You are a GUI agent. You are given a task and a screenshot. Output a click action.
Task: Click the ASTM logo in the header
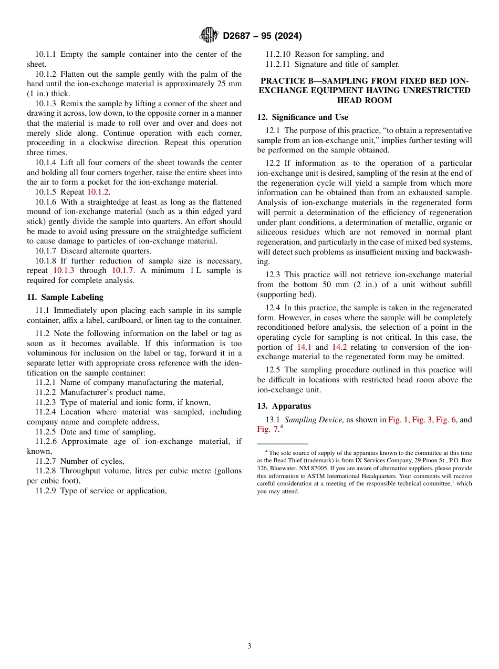[x=209, y=35]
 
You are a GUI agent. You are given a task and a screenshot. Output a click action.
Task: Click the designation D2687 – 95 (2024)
[x=262, y=36]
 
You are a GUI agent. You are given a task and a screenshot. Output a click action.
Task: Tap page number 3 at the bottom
[x=250, y=646]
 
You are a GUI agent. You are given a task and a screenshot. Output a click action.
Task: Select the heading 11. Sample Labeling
[x=65, y=297]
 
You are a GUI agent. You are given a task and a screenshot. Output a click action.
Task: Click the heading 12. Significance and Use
[x=303, y=117]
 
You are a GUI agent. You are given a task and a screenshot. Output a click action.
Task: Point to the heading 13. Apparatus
[x=284, y=406]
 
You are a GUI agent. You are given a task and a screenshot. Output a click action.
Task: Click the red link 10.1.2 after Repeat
[x=98, y=192]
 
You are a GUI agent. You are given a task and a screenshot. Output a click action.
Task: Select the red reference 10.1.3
[x=64, y=270]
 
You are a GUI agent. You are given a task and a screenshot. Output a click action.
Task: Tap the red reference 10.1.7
[x=123, y=270]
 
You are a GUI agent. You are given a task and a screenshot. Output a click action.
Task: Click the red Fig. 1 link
[x=398, y=420]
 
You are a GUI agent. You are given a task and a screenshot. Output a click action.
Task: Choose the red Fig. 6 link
[x=446, y=420]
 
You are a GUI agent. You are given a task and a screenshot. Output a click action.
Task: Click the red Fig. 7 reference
[x=268, y=430]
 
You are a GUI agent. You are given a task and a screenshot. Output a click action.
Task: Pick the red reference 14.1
[x=305, y=347]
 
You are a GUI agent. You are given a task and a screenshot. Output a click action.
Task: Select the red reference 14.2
[x=339, y=347]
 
